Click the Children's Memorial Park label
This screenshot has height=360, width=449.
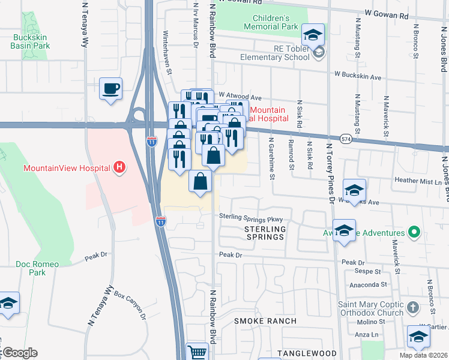point(271,23)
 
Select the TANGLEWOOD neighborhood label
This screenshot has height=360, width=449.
point(307,353)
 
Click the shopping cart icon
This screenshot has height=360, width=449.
point(197,352)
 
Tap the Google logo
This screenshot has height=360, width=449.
point(19,353)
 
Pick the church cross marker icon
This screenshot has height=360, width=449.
point(412,308)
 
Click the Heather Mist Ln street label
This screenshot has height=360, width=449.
point(418,181)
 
